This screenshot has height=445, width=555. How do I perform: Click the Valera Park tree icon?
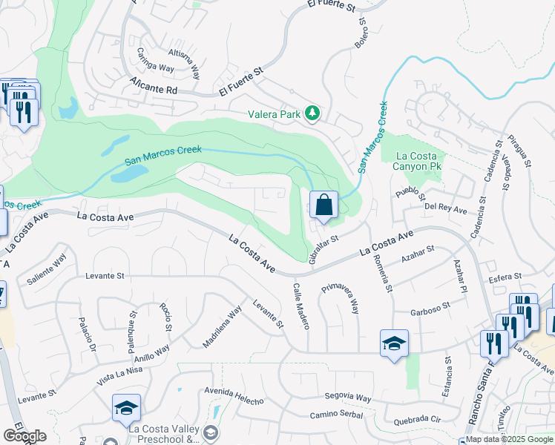313,113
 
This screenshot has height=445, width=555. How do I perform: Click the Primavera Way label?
340,297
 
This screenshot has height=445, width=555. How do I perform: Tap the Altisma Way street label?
185,64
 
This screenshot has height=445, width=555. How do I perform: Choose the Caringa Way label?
155,61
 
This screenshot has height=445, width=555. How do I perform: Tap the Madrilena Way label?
223,327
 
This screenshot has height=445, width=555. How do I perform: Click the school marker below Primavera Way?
394,343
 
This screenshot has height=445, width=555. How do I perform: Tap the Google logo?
24,436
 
